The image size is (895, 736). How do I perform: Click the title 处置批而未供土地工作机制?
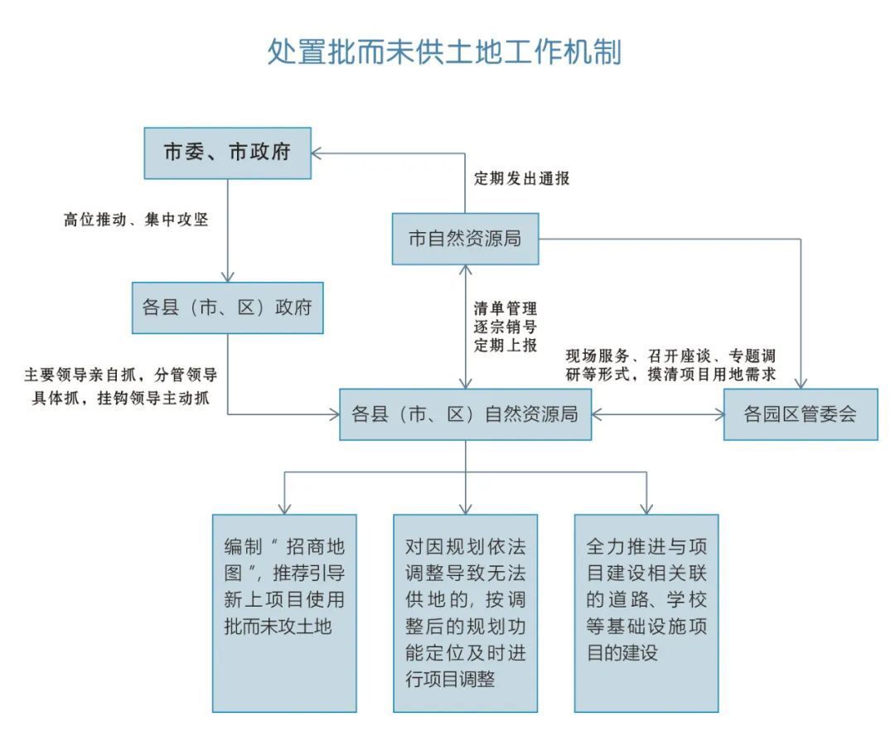click(444, 52)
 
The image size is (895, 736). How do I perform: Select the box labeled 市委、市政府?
click(227, 153)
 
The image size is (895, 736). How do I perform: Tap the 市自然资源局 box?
click(465, 239)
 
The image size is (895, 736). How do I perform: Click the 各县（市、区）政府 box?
click(227, 307)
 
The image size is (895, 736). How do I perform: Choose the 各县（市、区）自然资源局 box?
click(465, 414)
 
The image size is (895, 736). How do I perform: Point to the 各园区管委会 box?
click(801, 414)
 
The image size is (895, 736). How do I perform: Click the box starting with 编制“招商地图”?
click(284, 613)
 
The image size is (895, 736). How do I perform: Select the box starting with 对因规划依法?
click(465, 613)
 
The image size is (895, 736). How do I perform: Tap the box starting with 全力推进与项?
click(646, 613)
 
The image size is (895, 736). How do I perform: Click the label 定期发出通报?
click(522, 178)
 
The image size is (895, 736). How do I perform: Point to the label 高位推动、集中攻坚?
click(136, 220)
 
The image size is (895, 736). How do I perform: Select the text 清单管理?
click(506, 308)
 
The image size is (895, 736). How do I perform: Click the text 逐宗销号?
click(506, 327)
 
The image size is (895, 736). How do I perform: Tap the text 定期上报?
click(506, 345)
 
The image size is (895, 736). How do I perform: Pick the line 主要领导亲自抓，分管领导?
click(120, 375)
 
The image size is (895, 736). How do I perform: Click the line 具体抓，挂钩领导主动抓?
click(120, 397)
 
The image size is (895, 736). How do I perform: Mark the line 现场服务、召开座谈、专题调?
click(670, 356)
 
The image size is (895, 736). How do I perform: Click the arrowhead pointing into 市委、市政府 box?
click(317, 153)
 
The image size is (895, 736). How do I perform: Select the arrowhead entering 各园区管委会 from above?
click(801, 383)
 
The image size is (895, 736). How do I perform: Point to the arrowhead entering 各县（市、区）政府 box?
click(228, 276)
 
